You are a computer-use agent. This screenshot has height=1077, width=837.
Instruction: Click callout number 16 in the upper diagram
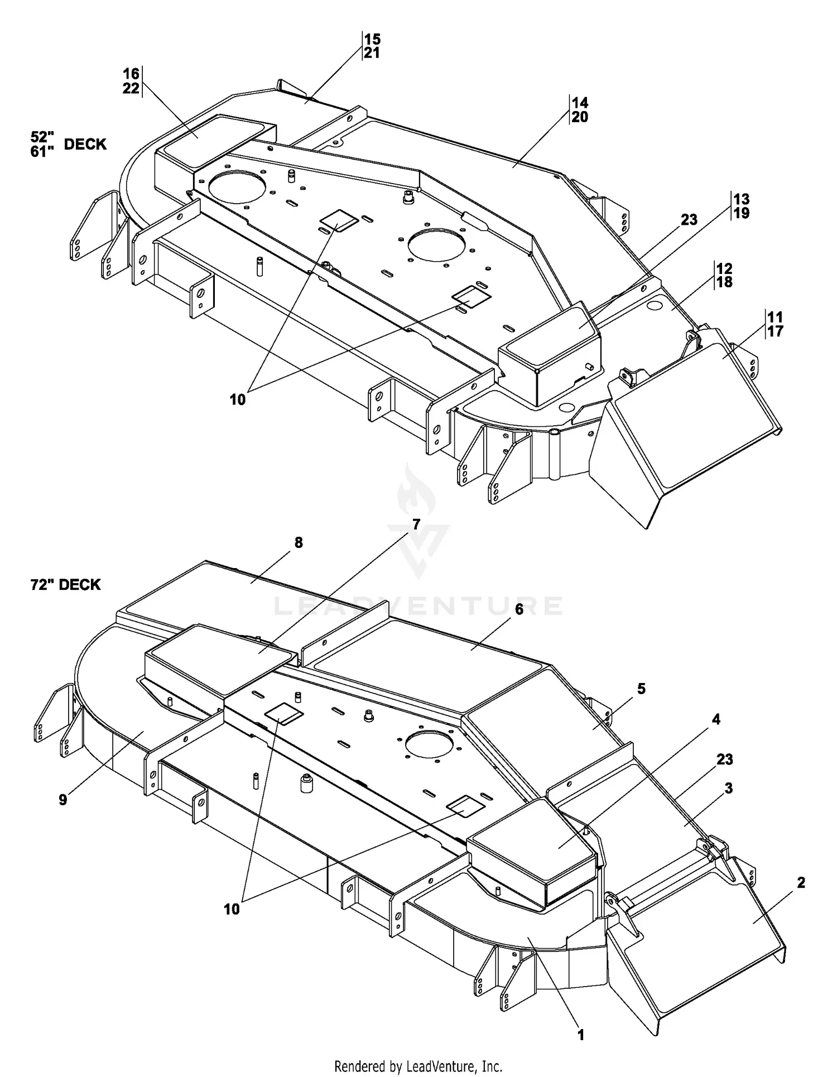(131, 74)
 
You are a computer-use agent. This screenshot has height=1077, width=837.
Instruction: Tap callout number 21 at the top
(372, 53)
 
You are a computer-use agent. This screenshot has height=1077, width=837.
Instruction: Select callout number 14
(580, 103)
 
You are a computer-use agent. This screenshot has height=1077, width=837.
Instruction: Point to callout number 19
(742, 213)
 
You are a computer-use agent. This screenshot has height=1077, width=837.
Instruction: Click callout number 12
(724, 268)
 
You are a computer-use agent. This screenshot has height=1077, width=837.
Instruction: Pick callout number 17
(776, 331)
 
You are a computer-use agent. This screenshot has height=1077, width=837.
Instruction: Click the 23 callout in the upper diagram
(689, 220)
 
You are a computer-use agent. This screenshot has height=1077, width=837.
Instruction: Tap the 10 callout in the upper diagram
(238, 400)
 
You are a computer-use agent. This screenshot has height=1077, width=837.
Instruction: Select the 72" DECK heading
(66, 585)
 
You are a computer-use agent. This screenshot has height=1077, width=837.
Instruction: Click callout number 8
(299, 542)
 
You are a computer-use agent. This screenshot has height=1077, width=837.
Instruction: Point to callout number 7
(416, 524)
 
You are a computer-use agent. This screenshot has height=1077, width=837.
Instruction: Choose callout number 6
(519, 609)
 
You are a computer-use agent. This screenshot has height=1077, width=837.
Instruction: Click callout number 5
(641, 689)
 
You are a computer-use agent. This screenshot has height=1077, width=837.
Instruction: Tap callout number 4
(716, 719)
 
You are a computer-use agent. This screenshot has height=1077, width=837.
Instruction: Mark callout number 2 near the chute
(801, 883)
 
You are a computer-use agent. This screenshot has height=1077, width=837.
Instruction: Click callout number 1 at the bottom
(581, 1035)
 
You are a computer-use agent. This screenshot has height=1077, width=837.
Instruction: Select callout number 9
(62, 800)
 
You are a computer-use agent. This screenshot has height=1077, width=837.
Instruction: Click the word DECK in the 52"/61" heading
(85, 145)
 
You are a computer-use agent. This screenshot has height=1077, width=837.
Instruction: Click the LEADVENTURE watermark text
(419, 605)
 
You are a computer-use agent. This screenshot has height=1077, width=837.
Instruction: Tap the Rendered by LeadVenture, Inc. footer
(418, 1066)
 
